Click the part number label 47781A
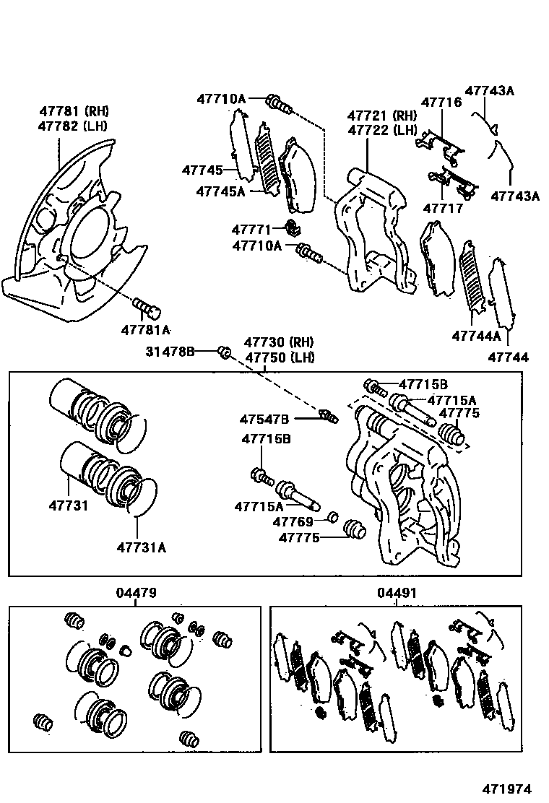[x=145, y=330]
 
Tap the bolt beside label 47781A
[x=148, y=309]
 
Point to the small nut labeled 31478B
[x=224, y=352]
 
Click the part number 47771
[x=251, y=230]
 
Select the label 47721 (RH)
[x=382, y=116]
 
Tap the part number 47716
[x=441, y=103]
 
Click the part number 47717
[x=441, y=209]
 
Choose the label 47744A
[x=476, y=336]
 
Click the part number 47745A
[x=220, y=191]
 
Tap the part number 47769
[x=293, y=521]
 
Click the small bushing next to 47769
[x=333, y=516]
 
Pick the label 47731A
[x=141, y=547]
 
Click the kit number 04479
[x=136, y=593]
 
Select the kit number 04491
[x=397, y=593]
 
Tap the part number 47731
[x=69, y=505]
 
